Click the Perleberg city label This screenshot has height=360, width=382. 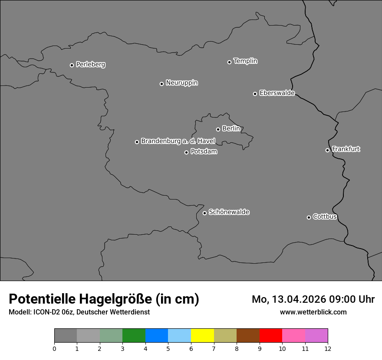[x=90, y=65]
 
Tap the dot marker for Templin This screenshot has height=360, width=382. [x=229, y=62]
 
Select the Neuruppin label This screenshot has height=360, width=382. [x=181, y=83]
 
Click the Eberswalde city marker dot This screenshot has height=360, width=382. [x=255, y=94]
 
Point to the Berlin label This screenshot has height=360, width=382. [x=231, y=129]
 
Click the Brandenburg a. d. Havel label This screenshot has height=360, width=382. [x=178, y=141]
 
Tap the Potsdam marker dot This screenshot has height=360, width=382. [x=186, y=152]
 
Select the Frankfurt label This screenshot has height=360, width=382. [x=346, y=149]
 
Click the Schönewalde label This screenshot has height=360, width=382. [x=229, y=212]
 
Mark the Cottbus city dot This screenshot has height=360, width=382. [x=309, y=217]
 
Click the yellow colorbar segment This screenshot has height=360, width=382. [x=202, y=336]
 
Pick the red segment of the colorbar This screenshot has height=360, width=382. [x=270, y=336]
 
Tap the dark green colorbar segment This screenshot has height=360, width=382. [x=134, y=336]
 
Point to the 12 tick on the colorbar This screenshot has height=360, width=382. [x=328, y=348]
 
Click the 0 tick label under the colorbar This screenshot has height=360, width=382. [x=54, y=348]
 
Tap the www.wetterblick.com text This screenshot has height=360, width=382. [x=313, y=312]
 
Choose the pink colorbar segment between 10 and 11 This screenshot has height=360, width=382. [x=293, y=336]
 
